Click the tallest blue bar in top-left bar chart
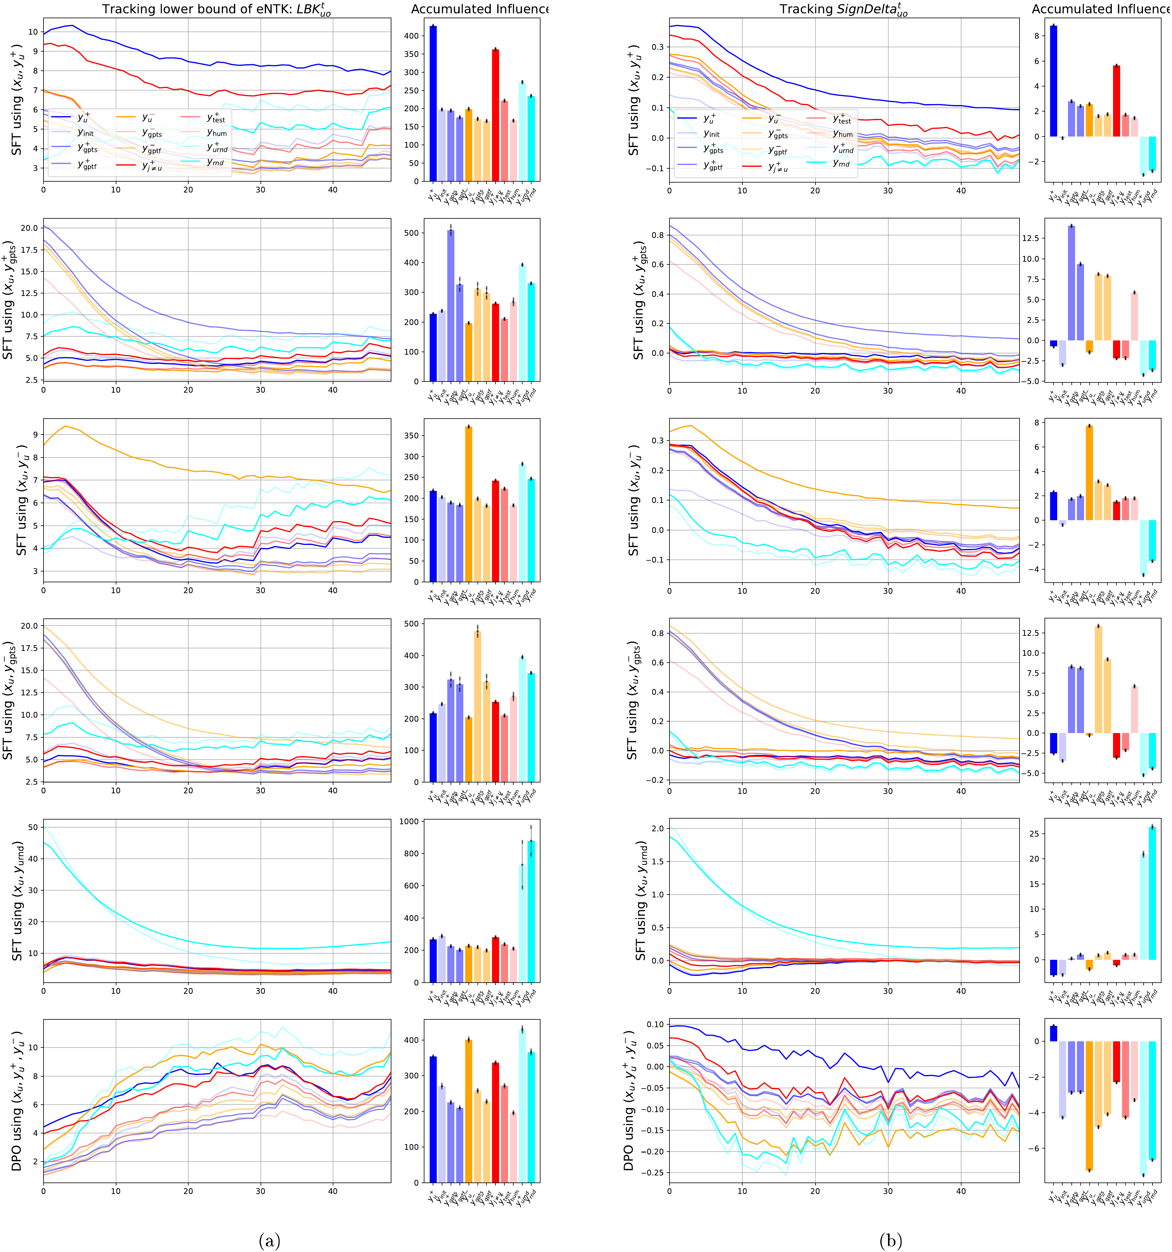click(x=433, y=104)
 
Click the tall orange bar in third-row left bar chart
click(x=468, y=504)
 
